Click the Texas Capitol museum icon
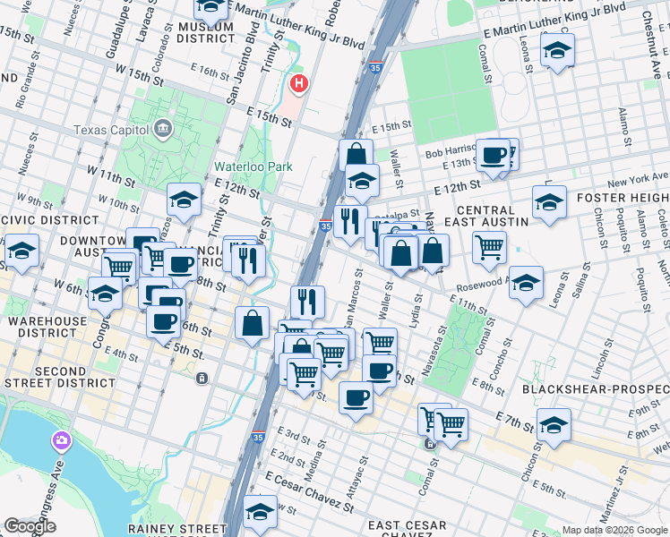[x=162, y=129]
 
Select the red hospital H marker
[x=298, y=84]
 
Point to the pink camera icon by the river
[x=61, y=439]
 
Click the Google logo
[x=30, y=526]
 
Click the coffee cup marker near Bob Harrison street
[x=493, y=156]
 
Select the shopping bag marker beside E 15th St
[x=356, y=154]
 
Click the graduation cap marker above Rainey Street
[x=260, y=510]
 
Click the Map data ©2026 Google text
[x=614, y=530]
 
